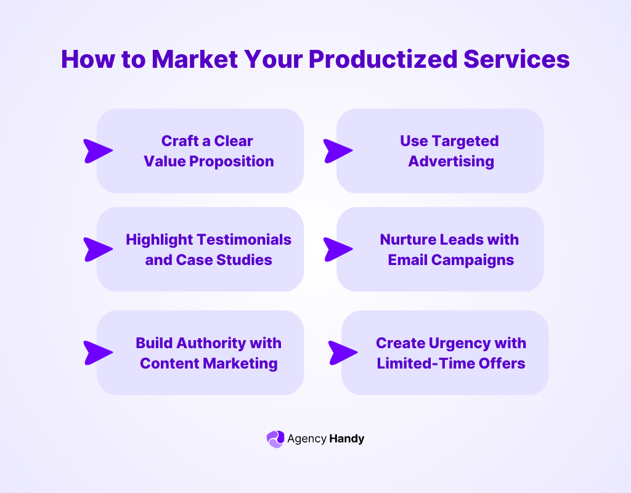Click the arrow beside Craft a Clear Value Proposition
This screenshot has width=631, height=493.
click(97, 151)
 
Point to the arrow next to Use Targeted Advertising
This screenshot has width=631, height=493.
click(337, 151)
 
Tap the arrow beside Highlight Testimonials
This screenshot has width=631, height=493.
click(97, 249)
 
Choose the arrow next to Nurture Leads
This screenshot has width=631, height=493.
click(337, 249)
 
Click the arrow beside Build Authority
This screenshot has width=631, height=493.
click(97, 352)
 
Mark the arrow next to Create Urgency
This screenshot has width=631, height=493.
click(342, 352)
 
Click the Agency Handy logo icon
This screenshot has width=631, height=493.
click(275, 439)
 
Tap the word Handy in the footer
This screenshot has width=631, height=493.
click(346, 439)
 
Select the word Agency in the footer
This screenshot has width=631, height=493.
click(307, 439)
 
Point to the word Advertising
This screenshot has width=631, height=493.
click(451, 161)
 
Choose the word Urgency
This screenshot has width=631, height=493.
click(452, 343)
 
